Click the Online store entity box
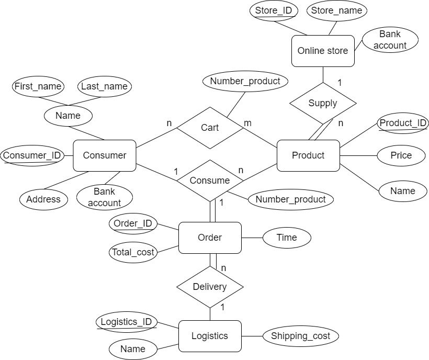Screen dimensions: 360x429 click(323, 51)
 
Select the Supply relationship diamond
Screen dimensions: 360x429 click(323, 103)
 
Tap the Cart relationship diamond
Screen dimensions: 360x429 click(209, 128)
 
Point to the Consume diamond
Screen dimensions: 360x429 click(210, 181)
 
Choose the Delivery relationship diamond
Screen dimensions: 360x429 click(210, 287)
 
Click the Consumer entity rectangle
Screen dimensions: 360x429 click(105, 155)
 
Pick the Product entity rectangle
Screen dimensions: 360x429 click(308, 155)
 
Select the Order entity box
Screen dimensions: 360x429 click(210, 238)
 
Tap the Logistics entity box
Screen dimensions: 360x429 click(210, 336)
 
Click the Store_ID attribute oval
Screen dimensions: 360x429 click(274, 10)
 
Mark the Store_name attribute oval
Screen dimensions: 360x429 click(336, 10)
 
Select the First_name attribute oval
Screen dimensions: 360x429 click(38, 86)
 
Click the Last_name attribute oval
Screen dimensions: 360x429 click(105, 86)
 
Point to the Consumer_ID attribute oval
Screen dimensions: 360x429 click(32, 155)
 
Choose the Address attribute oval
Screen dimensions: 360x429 click(43, 199)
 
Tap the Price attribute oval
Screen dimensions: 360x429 click(401, 155)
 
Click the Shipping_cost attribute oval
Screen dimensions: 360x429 click(301, 336)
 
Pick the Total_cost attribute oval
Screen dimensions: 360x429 click(133, 253)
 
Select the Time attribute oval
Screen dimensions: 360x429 click(287, 238)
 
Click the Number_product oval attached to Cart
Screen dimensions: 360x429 click(245, 81)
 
